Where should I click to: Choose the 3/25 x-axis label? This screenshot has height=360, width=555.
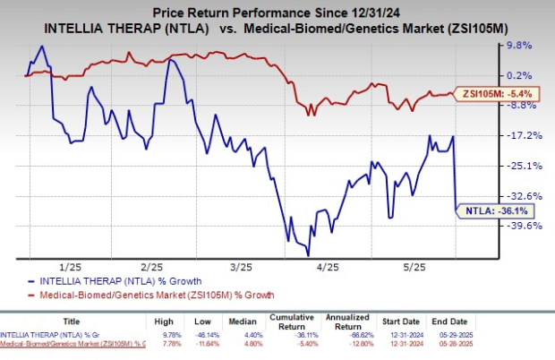pos(240,267)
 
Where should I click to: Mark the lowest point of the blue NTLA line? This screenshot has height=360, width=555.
pos(287,241)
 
